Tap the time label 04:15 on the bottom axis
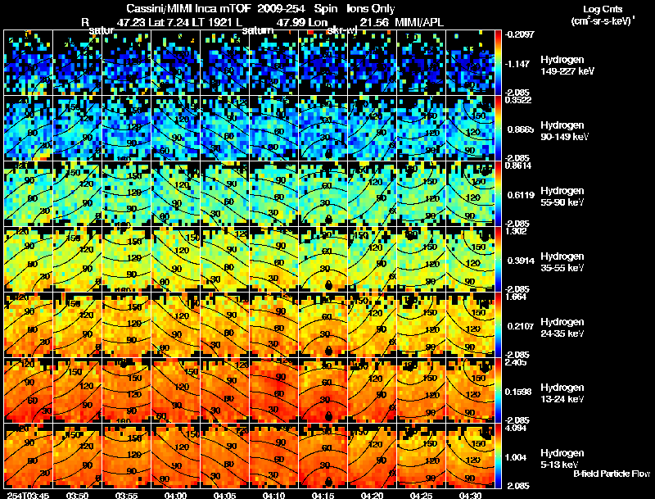pos(323,495)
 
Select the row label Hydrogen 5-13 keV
pos(562,458)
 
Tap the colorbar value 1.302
pos(522,232)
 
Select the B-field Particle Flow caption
pos(612,474)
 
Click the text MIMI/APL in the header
pos(420,22)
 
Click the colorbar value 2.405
pos(522,363)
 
